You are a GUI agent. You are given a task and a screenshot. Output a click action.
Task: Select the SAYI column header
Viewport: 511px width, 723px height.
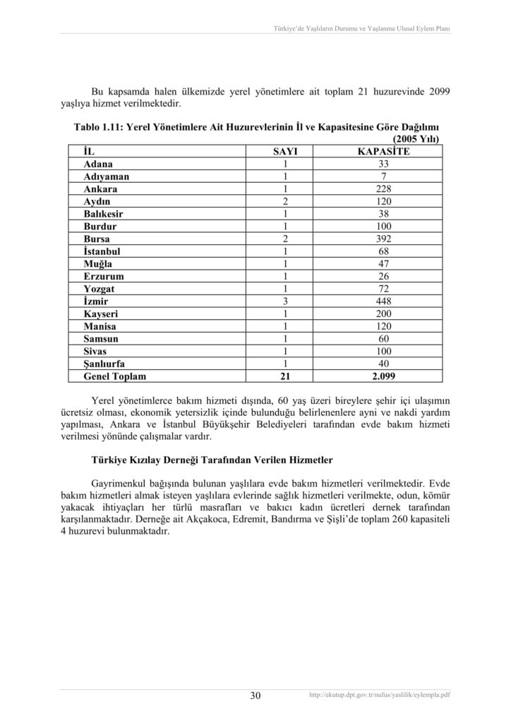(x=286, y=151)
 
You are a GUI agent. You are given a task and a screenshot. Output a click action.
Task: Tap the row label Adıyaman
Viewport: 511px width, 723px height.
(x=107, y=177)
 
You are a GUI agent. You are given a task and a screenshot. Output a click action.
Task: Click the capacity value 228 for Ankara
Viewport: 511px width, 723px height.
(x=383, y=189)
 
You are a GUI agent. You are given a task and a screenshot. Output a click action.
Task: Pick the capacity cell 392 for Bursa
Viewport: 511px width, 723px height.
(x=383, y=239)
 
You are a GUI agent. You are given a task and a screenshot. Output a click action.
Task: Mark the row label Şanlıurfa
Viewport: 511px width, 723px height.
(x=107, y=365)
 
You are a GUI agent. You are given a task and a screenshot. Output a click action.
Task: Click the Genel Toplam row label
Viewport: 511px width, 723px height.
(x=114, y=377)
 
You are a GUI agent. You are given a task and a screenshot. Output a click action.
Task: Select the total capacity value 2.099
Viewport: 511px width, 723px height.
(x=383, y=377)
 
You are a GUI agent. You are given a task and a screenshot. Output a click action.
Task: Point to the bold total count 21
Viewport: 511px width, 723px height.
(x=286, y=377)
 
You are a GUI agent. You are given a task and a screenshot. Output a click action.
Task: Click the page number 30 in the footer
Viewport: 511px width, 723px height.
(x=255, y=696)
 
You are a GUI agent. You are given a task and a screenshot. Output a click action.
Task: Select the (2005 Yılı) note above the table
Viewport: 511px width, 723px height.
(x=416, y=139)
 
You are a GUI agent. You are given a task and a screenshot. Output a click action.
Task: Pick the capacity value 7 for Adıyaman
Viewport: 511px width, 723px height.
(x=383, y=177)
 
